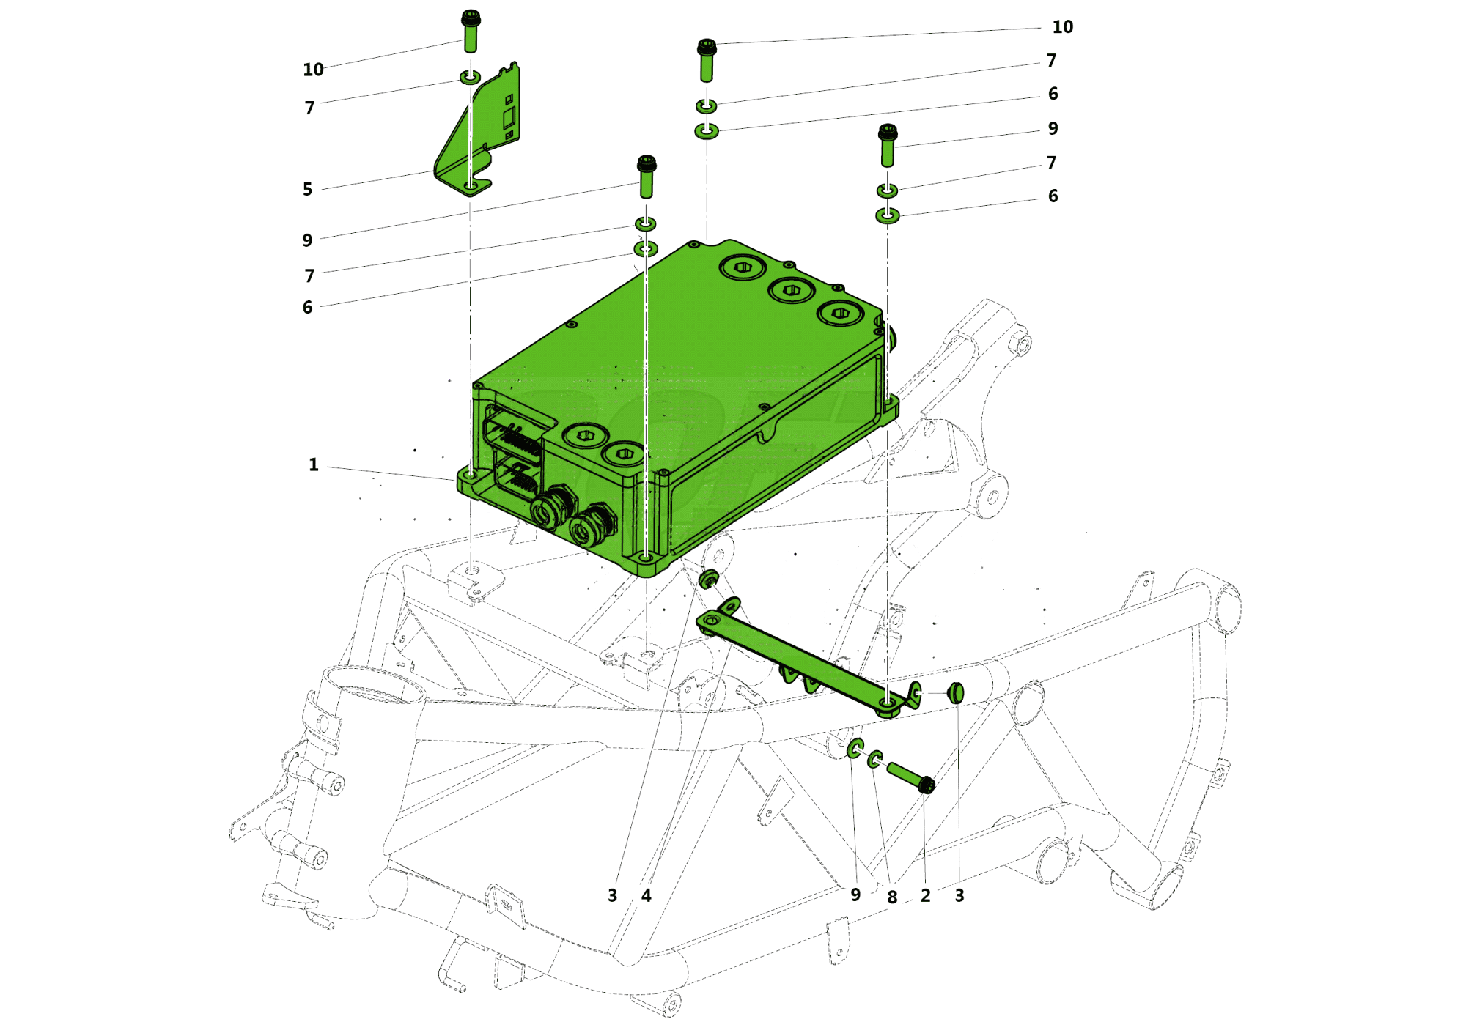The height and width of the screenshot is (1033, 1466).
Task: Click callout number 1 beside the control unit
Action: [313, 464]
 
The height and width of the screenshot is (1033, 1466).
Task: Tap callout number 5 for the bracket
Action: [307, 189]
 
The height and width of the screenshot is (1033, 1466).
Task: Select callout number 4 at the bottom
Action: [646, 895]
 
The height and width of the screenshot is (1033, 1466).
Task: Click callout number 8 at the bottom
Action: [891, 897]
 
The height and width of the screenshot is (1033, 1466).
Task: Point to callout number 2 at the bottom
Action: [925, 895]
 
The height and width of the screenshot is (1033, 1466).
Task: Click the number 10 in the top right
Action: [1062, 27]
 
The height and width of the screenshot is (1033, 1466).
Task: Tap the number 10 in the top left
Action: [313, 70]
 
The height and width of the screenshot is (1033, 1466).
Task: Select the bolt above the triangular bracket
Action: [471, 32]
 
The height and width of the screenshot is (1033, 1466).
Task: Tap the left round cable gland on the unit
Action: [550, 509]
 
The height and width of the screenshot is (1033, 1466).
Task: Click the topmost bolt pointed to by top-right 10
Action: [707, 60]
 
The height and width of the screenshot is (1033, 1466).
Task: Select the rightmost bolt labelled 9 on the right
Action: [887, 145]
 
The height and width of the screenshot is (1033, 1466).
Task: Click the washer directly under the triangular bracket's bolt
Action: [470, 77]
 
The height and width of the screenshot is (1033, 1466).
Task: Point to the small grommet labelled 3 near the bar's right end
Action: [955, 692]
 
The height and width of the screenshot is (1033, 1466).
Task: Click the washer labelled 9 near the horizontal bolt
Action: [855, 749]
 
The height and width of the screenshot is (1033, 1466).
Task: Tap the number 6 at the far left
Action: [307, 308]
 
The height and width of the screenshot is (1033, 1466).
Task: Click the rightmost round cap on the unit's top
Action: [840, 314]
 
